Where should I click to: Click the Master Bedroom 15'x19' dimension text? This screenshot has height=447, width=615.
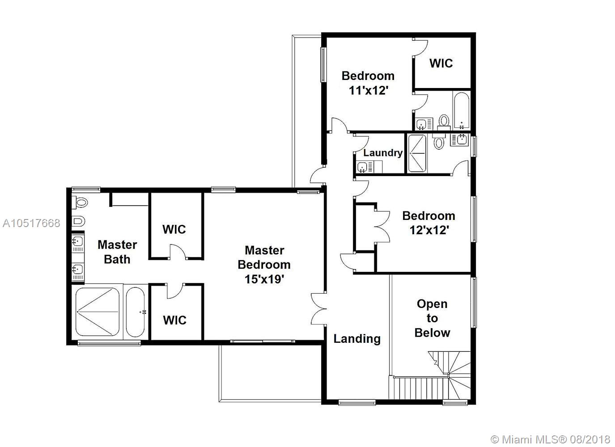click(264, 279)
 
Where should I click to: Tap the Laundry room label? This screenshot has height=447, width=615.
click(383, 153)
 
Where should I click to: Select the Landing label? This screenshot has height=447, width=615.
click(357, 339)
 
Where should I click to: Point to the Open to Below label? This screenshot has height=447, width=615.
click(432, 318)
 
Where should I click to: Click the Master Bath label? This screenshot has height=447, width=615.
click(117, 252)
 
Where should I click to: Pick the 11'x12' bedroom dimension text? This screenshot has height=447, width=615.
click(369, 90)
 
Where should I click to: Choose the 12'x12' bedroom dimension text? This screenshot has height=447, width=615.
click(429, 230)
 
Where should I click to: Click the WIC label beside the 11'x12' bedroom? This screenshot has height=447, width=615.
click(441, 63)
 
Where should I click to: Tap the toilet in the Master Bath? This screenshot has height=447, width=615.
click(80, 203)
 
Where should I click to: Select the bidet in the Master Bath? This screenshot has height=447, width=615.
click(79, 221)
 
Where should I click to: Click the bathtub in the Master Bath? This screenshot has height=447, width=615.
click(136, 312)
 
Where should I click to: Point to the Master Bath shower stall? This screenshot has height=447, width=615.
click(98, 312)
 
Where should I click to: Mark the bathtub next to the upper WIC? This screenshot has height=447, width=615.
click(462, 110)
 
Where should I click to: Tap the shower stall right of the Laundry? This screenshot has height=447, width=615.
click(417, 154)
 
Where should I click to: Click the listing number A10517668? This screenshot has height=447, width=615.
click(31, 223)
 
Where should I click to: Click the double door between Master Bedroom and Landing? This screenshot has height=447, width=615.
click(318, 309)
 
